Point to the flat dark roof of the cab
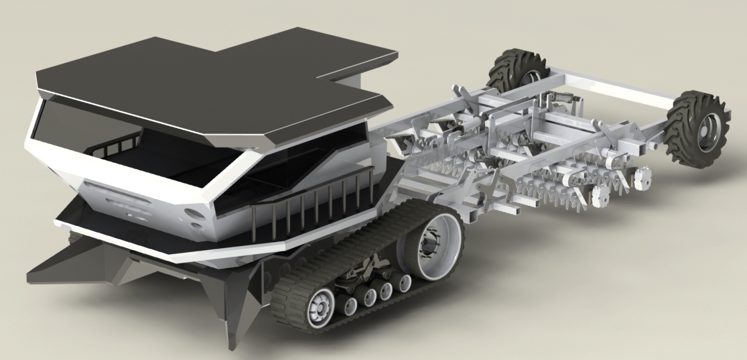(201, 80)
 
